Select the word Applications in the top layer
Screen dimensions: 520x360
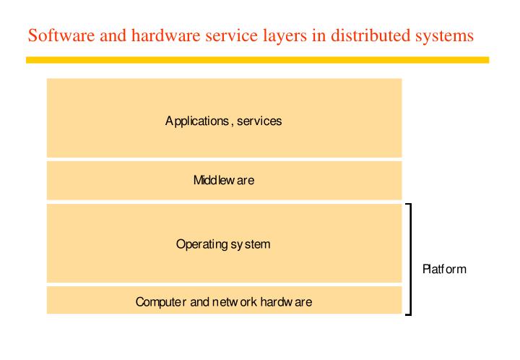pyautogui.click(x=194, y=121)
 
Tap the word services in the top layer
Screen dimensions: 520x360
pyautogui.click(x=256, y=121)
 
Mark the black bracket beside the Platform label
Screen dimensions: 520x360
pyautogui.click(x=412, y=259)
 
